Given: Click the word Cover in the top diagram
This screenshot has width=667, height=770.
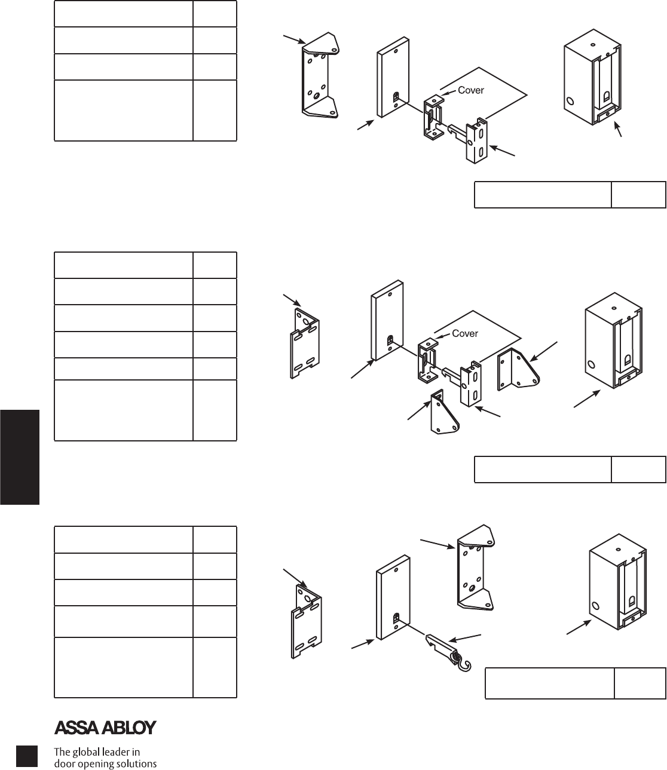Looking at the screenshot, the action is pyautogui.click(x=470, y=90).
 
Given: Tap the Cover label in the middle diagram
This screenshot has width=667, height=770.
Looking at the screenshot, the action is pyautogui.click(x=464, y=333).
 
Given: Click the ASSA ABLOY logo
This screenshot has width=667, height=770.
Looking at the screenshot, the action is pyautogui.click(x=105, y=728).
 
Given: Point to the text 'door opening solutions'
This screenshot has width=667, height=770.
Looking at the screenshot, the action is pyautogui.click(x=105, y=763).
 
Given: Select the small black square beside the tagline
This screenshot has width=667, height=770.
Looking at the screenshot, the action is pyautogui.click(x=27, y=756).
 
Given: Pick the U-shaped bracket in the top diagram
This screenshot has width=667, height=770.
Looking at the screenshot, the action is pyautogui.click(x=319, y=75).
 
